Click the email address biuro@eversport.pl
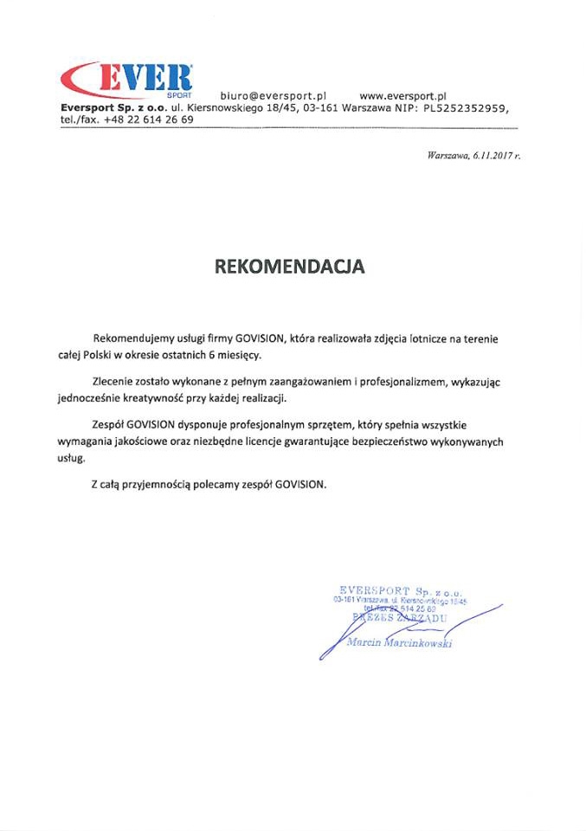tap(273, 95)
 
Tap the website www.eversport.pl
tap(402, 95)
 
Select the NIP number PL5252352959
tap(465, 108)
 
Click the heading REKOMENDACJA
tap(290, 267)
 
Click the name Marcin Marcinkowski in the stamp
tap(399, 643)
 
